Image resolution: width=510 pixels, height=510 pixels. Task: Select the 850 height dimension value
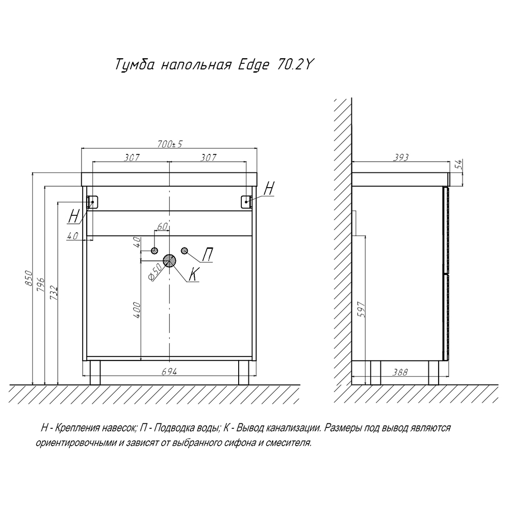[29, 277]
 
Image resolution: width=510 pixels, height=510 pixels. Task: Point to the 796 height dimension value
[41, 284]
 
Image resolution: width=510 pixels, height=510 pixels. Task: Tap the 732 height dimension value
[54, 292]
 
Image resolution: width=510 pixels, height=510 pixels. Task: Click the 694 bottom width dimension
[169, 372]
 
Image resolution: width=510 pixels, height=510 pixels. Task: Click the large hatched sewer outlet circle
[170, 262]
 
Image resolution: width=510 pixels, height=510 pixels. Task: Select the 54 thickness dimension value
[458, 164]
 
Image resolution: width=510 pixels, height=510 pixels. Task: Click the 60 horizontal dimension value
[163, 226]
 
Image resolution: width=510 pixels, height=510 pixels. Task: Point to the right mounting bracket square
[247, 201]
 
